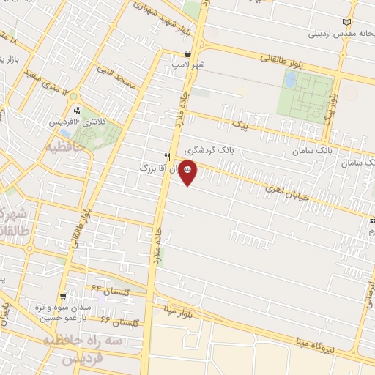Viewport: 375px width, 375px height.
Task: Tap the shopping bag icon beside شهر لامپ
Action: [x=188, y=53]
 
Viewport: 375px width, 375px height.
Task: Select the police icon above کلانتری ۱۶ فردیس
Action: [x=78, y=111]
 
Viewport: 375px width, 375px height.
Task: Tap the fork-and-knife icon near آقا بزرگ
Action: [x=167, y=157]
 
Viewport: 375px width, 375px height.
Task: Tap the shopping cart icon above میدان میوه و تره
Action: [x=64, y=297]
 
